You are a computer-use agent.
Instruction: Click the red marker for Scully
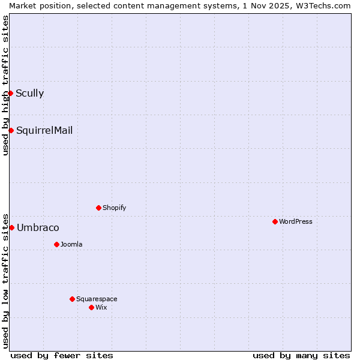pos(10,93)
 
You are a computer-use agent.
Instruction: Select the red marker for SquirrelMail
pos(11,130)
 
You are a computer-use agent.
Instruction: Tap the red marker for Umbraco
pos(11,227)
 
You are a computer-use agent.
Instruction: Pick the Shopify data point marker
pos(98,208)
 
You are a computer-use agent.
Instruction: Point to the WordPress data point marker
pos(275,221)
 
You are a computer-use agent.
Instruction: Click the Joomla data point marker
pos(56,244)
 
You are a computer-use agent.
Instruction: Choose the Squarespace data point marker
pos(72,299)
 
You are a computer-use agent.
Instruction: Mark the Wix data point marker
pos(91,307)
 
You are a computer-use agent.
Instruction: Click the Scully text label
pos(29,93)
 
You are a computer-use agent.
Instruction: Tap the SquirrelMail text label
pos(44,130)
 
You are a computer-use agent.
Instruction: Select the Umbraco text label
pos(38,227)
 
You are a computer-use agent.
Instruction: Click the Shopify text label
pos(114,208)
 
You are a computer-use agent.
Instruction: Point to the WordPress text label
pos(296,221)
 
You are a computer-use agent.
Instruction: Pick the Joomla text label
pos(71,244)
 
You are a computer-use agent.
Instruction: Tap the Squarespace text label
pos(97,299)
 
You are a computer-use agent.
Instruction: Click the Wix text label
pos(101,307)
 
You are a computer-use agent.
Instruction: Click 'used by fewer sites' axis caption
pos(62,355)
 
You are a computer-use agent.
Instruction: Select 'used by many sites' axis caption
pos(301,355)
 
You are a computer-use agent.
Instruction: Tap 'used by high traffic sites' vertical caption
pos(5,85)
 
